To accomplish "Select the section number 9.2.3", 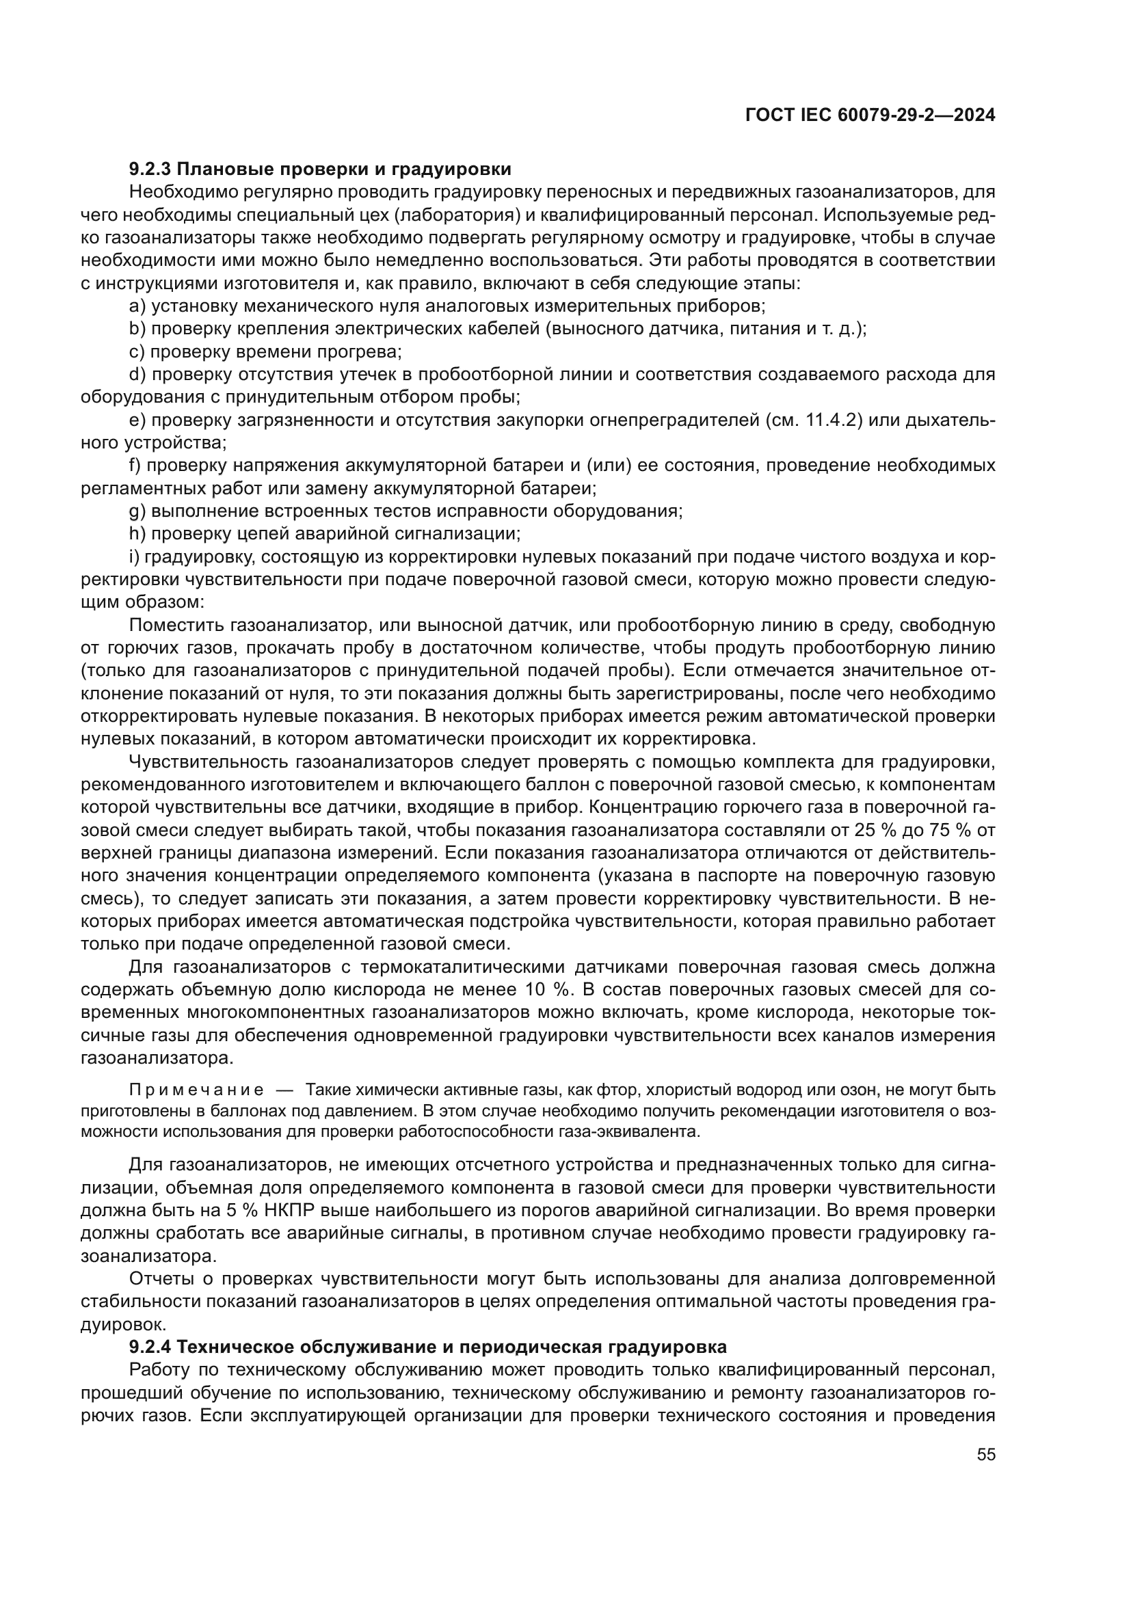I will tap(151, 170).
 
